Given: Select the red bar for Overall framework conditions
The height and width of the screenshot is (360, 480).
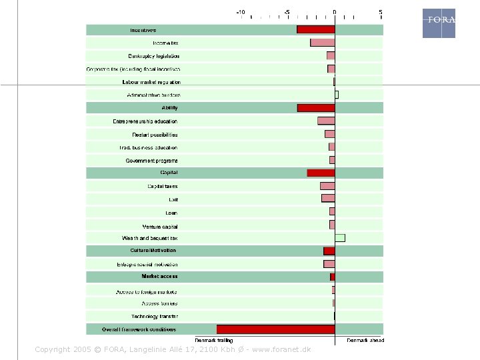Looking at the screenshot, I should click(x=275, y=329).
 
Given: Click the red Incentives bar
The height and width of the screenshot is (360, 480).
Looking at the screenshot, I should click(x=315, y=29).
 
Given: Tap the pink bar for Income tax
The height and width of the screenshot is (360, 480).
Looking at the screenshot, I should click(x=322, y=43).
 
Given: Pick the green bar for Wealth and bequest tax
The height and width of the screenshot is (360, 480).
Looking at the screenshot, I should click(x=340, y=238).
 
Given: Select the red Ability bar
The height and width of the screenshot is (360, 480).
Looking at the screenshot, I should click(x=316, y=108).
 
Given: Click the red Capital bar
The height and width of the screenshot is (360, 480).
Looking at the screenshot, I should click(x=321, y=173).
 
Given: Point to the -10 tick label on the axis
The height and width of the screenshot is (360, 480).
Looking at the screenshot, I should click(x=240, y=12).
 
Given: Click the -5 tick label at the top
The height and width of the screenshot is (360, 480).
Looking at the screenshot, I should click(x=287, y=12).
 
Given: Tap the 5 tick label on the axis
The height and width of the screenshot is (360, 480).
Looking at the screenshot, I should click(x=381, y=12).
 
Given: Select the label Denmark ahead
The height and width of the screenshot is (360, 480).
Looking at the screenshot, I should click(x=365, y=340).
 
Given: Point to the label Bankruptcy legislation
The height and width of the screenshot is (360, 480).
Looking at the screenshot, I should click(x=154, y=56).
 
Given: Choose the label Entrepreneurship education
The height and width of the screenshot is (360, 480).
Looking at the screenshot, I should click(x=145, y=121).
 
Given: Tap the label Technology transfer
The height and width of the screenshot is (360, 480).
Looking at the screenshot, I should click(x=155, y=316).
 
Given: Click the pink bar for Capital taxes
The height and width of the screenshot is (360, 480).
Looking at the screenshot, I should click(x=327, y=186).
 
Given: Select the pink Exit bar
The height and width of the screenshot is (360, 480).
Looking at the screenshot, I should click(x=328, y=199).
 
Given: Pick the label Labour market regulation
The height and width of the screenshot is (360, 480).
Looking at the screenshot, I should click(x=151, y=82).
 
